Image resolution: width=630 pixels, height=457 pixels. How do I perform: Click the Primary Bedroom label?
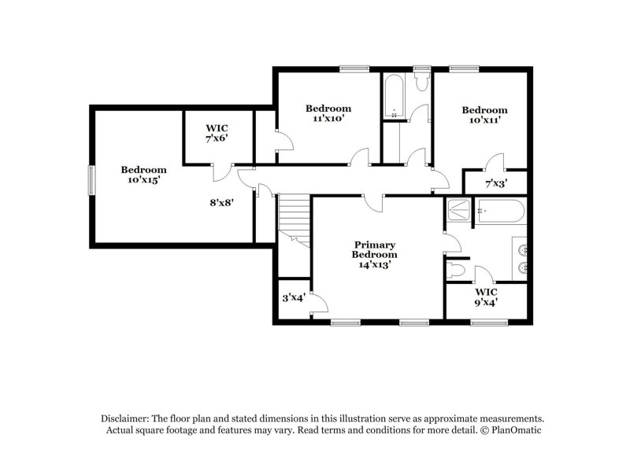point(375,250)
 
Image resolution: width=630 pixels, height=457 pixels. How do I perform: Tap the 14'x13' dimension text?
point(375,265)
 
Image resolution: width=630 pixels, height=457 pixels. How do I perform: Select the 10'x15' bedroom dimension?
point(143,180)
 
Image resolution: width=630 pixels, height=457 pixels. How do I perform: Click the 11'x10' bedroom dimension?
point(328,119)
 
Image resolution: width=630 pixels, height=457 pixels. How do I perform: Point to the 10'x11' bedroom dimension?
point(484,120)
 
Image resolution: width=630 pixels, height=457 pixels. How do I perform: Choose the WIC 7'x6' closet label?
point(217,132)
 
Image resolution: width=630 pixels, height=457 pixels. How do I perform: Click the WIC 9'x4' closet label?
point(486,296)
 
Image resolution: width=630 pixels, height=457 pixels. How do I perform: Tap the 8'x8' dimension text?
point(221,201)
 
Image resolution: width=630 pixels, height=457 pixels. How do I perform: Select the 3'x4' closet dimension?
point(294,298)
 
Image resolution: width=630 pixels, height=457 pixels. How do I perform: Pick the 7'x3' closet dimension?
point(495,183)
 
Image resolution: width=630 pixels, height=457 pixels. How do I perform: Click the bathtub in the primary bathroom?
point(500,211)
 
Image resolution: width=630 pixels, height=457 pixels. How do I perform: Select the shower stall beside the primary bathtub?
point(458,210)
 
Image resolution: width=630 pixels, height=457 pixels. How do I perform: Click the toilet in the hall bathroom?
point(420,81)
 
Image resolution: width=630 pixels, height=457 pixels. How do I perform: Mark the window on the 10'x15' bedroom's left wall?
point(91,180)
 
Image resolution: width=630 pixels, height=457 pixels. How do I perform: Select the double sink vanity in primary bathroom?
point(521,258)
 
